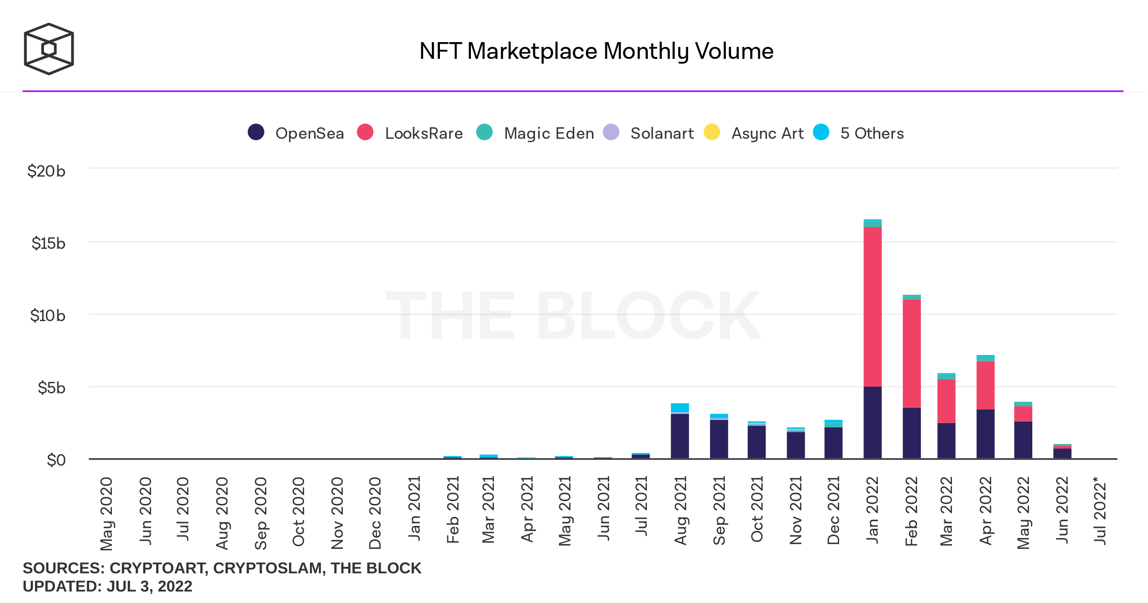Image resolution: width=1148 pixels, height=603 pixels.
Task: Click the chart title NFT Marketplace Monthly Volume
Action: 596,51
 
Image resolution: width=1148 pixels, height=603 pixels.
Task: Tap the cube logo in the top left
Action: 49,49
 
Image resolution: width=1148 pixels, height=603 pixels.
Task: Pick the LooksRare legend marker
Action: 365,132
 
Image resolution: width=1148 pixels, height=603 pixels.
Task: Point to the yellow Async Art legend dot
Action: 712,132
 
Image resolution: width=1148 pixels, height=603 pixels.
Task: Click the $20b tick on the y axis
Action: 46,171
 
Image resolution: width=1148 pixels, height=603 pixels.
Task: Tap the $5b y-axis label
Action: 51,388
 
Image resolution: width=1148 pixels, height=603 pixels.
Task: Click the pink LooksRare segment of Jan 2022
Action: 873,306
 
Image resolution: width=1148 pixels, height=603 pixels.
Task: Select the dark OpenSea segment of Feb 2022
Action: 911,433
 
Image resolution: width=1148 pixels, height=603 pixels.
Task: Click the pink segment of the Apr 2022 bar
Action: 985,385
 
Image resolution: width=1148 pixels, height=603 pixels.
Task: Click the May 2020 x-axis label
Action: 106,513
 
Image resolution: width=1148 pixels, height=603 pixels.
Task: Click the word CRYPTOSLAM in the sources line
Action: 269,568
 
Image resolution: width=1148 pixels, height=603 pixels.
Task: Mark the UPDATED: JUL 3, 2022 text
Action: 108,586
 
